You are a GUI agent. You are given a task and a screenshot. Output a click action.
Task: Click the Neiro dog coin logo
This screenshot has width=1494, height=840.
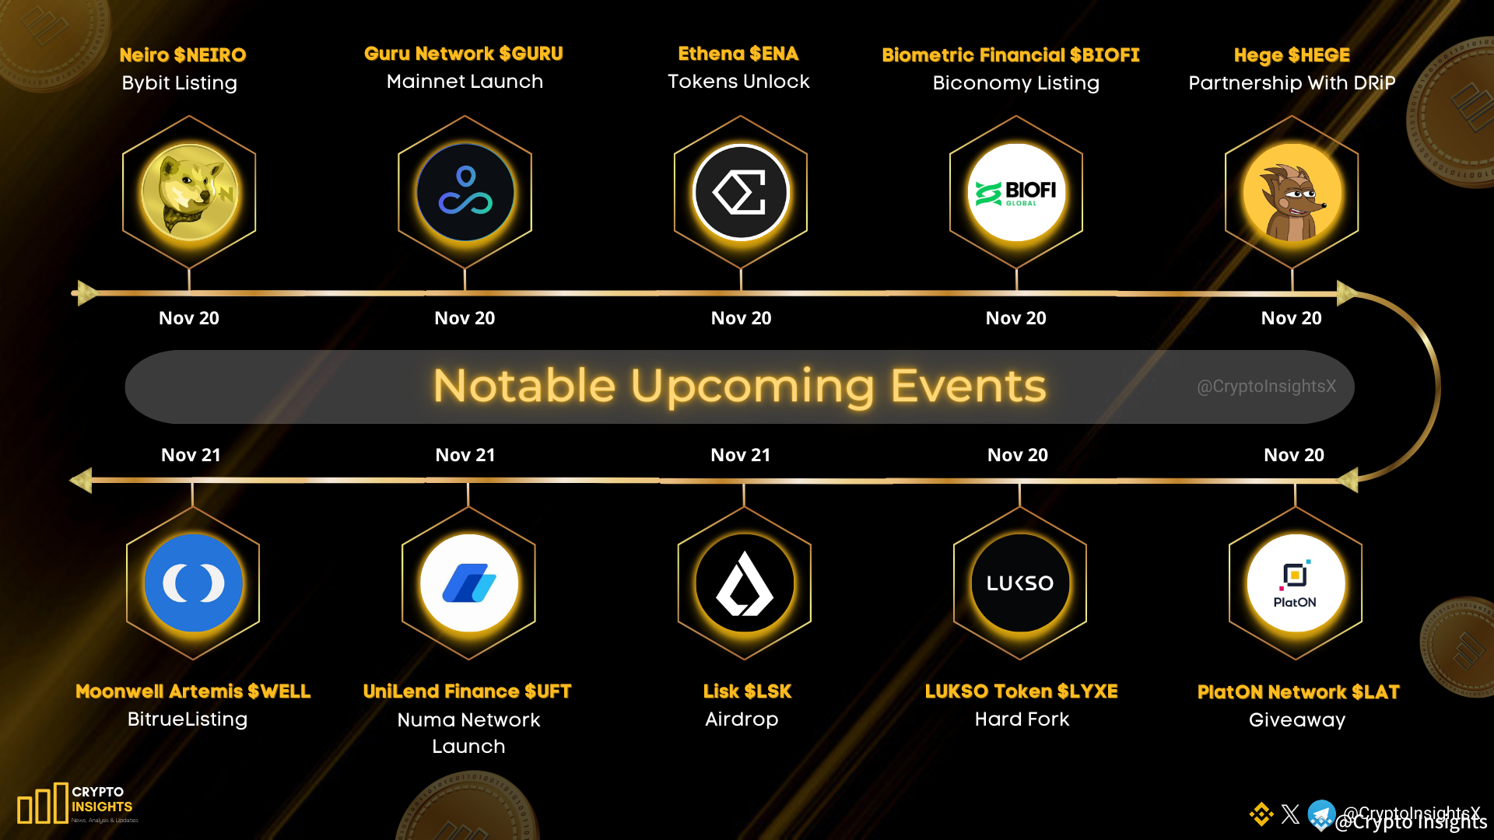[189, 192]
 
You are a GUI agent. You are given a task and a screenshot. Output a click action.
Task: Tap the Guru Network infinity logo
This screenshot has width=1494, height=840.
[465, 192]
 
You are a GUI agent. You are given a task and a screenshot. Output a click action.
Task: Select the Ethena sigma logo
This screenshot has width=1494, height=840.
[741, 192]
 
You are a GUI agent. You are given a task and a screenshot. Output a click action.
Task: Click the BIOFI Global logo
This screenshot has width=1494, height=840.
[1016, 192]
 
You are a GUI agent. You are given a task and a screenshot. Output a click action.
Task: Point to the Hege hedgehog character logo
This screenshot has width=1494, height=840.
[1292, 192]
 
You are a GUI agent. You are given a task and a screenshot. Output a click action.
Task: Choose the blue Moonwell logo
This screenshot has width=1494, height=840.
[193, 583]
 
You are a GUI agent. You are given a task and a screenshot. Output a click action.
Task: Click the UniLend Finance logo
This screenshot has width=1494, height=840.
[468, 583]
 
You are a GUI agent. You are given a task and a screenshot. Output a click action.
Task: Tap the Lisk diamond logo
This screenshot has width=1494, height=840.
[745, 583]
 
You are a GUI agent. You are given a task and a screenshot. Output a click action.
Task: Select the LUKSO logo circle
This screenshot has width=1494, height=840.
[1020, 583]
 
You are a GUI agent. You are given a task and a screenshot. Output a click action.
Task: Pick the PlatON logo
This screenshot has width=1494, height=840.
[1296, 583]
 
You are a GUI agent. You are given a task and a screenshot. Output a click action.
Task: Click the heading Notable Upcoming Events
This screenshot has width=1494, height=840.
[739, 386]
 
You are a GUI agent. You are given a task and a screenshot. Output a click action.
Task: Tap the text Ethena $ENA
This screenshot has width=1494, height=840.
[738, 54]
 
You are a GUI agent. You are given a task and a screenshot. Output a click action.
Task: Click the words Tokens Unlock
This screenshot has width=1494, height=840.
[738, 82]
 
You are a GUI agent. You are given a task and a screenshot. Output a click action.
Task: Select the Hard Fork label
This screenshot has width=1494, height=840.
[1022, 719]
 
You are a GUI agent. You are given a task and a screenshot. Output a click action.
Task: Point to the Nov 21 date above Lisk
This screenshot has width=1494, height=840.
[740, 455]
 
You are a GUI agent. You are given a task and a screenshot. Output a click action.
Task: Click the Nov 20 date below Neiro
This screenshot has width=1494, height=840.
[189, 318]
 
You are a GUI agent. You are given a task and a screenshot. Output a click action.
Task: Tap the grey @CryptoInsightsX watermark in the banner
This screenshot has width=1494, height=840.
[1266, 387]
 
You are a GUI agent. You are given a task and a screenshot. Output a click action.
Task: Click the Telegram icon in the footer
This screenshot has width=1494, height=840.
[1320, 814]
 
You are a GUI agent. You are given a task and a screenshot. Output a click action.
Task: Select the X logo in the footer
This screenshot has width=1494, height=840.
[1290, 814]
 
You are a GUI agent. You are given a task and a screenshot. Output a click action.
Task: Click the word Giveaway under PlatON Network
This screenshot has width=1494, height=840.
[1297, 720]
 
